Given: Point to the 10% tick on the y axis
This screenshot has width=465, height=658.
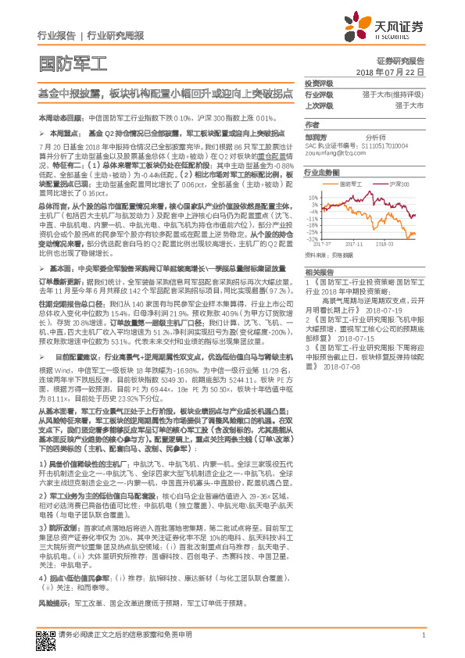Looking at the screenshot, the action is coord(313,196).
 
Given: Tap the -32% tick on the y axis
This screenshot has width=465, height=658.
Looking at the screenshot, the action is coord(313,238).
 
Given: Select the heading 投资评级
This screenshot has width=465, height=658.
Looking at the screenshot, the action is coord(318,83).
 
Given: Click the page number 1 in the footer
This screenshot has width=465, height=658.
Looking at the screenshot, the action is coord(423,635).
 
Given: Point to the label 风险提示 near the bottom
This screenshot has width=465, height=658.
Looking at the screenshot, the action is coord(54,604).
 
